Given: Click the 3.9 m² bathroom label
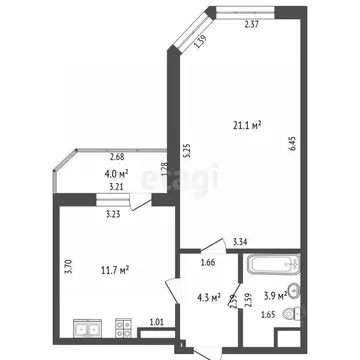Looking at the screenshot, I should pos(274,296).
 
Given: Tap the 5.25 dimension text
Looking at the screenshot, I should pos(187,149).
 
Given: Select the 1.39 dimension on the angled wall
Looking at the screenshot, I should pos(200,40).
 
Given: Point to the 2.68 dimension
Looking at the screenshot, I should pos(117,157).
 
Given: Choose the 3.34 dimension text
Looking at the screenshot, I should pos(239,241).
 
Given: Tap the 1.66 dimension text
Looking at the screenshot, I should pos(207,264).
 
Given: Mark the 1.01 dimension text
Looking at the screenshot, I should pos(156,321).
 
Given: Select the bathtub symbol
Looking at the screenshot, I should pos(272,266).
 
